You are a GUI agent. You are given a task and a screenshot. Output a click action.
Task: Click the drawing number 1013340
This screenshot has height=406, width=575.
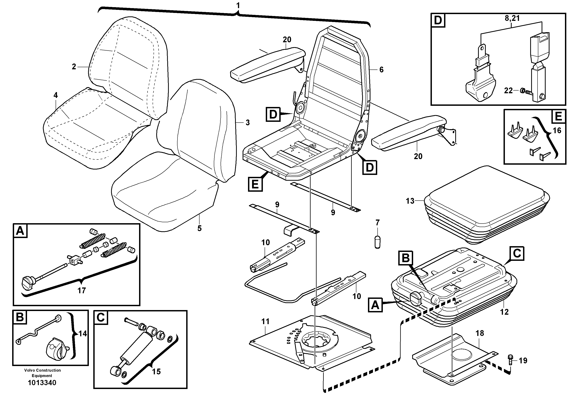tap(42, 383)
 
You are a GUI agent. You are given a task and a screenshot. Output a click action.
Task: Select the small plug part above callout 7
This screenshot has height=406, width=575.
tap(377, 242)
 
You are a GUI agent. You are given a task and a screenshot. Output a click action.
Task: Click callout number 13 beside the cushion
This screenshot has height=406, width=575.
tap(410, 201)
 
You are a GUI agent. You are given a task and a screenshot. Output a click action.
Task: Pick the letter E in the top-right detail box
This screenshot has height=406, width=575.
tap(558, 117)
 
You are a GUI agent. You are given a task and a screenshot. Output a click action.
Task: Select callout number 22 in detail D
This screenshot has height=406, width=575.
tap(508, 90)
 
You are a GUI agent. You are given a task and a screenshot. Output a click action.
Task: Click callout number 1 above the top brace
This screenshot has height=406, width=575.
tap(238, 5)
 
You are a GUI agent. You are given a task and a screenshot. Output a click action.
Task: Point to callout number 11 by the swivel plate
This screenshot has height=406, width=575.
tap(265, 321)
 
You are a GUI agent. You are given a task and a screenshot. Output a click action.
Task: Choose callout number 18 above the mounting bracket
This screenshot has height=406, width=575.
tap(480, 333)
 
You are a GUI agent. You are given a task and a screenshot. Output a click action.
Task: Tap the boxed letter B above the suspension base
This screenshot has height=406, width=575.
tap(405, 258)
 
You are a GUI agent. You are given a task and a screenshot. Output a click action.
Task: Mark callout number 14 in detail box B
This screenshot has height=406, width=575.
tap(83, 334)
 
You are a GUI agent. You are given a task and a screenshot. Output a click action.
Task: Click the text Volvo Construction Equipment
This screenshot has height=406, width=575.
tap(42, 373)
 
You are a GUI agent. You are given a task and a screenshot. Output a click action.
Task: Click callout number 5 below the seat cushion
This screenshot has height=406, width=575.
tap(199, 228)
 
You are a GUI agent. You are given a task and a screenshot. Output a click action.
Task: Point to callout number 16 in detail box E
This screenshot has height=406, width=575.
tap(557, 131)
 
